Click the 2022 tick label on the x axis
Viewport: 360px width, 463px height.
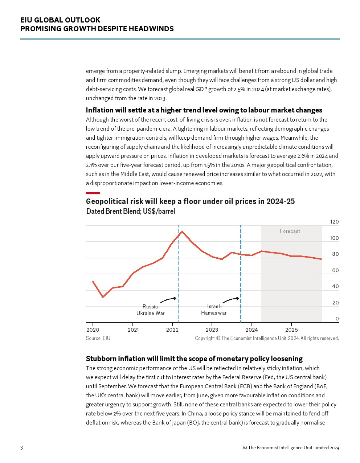click(x=172, y=330)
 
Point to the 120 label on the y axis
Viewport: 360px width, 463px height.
click(x=334, y=222)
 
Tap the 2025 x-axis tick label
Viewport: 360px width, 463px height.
click(x=291, y=330)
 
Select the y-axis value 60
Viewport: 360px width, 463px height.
click(x=335, y=270)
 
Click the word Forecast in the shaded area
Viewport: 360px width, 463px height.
click(x=290, y=231)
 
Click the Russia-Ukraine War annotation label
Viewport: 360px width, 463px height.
click(x=151, y=310)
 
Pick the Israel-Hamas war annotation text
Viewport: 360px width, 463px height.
click(x=214, y=310)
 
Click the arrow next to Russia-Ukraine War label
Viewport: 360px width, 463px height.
click(x=168, y=299)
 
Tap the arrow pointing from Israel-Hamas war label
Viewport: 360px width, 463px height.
click(x=231, y=300)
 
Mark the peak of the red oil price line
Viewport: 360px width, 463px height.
click(x=182, y=231)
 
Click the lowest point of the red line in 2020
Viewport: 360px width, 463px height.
click(x=103, y=297)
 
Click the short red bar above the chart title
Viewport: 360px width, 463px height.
click(x=93, y=193)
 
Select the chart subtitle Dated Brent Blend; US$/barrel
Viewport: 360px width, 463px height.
click(x=131, y=211)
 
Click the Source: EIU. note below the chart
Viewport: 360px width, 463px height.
click(x=98, y=338)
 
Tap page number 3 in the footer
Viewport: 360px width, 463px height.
click(x=21, y=448)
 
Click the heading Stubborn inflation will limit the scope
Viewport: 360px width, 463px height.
click(x=194, y=358)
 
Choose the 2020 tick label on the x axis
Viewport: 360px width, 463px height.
click(x=93, y=330)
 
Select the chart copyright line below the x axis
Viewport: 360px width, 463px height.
click(x=267, y=338)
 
